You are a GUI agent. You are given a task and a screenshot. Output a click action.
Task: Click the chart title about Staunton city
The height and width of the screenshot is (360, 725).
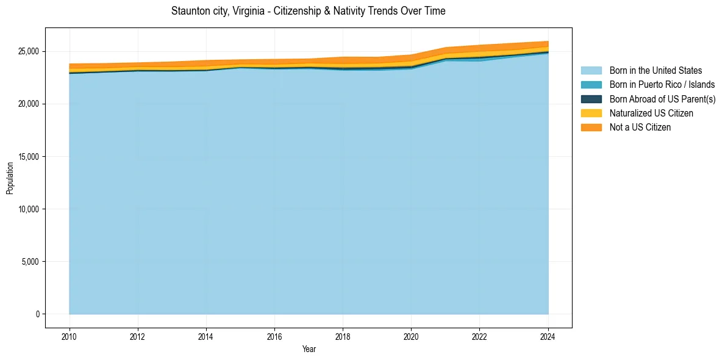[x=308, y=11]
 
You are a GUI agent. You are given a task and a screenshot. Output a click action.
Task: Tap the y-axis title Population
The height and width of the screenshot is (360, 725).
[x=10, y=178]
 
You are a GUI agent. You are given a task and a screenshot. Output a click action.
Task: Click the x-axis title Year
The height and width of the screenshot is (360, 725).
[x=309, y=350]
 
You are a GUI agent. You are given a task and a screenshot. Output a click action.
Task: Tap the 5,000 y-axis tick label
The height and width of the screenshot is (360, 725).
[x=30, y=262]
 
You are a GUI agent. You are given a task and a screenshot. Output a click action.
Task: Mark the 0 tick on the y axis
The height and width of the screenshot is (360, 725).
[x=37, y=314]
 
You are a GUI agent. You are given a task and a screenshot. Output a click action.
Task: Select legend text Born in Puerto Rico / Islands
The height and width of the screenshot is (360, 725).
[x=662, y=85]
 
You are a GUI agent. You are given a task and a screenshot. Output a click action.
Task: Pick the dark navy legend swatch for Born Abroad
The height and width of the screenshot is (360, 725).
[x=591, y=99]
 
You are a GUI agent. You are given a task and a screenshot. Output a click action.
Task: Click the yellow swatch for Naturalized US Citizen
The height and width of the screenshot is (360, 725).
[x=591, y=113]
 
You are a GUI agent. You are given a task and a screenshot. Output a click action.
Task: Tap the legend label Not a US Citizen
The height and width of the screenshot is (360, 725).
[x=640, y=128]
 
